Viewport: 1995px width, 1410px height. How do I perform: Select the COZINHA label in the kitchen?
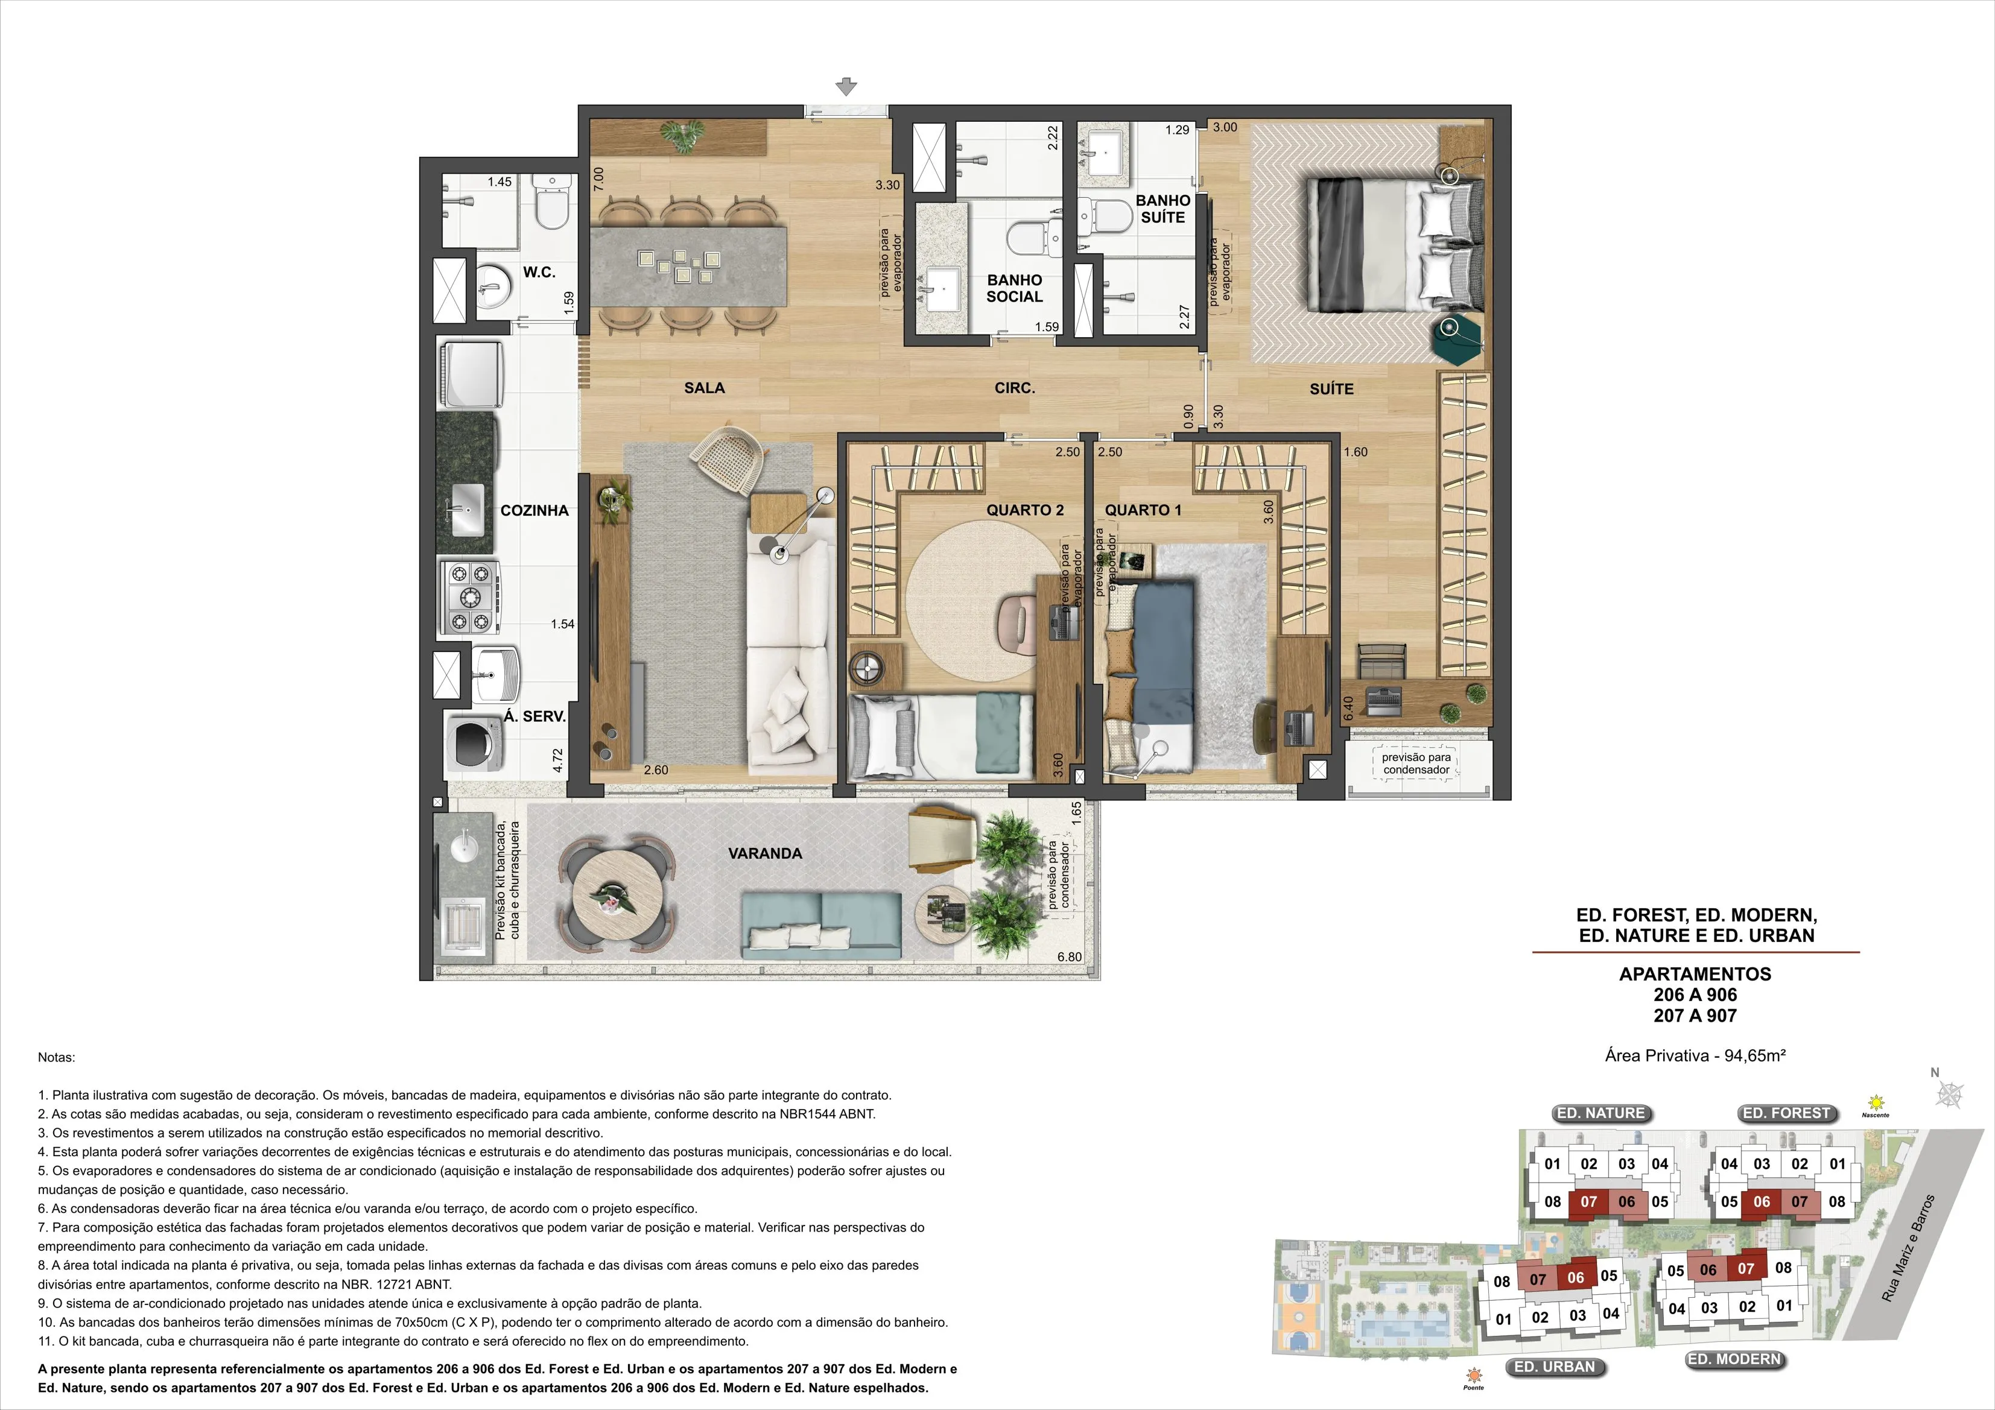[x=534, y=511]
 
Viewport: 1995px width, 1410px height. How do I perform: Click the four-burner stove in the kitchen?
[x=470, y=597]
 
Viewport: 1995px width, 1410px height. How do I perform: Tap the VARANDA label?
[x=764, y=853]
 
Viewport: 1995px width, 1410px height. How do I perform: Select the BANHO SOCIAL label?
[x=1014, y=288]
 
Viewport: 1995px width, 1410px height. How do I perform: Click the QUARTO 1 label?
[x=1143, y=511]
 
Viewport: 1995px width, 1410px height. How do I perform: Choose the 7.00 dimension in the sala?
[x=598, y=180]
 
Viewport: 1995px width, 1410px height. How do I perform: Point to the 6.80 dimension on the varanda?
[x=1070, y=957]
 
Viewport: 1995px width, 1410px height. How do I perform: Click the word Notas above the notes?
[x=57, y=1057]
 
